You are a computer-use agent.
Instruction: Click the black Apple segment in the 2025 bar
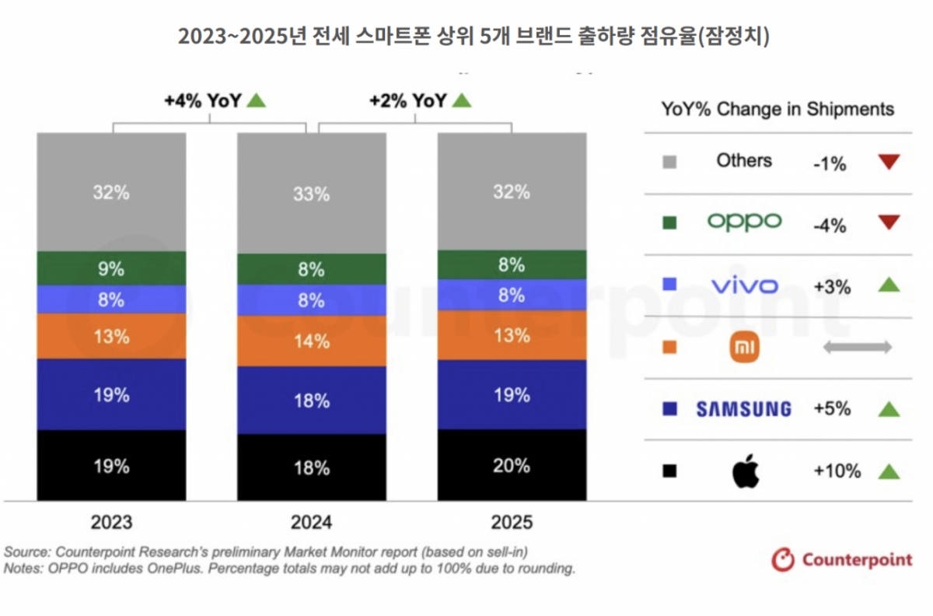coord(512,465)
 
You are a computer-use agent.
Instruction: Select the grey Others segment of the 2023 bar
coord(111,192)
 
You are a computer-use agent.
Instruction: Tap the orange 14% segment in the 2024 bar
coord(311,341)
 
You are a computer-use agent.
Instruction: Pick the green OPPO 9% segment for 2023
coord(111,269)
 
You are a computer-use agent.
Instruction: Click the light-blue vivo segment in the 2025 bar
coord(512,295)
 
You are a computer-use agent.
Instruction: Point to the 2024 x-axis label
coord(311,522)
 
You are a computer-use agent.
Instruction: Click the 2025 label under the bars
coord(512,522)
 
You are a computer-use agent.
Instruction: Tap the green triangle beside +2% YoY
coord(462,100)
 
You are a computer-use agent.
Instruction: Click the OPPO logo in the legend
coord(744,222)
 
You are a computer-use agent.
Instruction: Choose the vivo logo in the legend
coord(744,286)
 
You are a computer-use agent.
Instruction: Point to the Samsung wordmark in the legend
coord(743,409)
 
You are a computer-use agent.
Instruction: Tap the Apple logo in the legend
coord(745,471)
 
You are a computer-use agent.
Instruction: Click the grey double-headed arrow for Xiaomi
coord(857,348)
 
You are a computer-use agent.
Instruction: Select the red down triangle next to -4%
coord(888,223)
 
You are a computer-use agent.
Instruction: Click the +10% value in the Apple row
coord(837,471)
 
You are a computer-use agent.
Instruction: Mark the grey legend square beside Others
coord(669,163)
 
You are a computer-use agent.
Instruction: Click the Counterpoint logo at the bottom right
coord(841,558)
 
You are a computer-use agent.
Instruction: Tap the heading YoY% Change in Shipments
coord(777,109)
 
